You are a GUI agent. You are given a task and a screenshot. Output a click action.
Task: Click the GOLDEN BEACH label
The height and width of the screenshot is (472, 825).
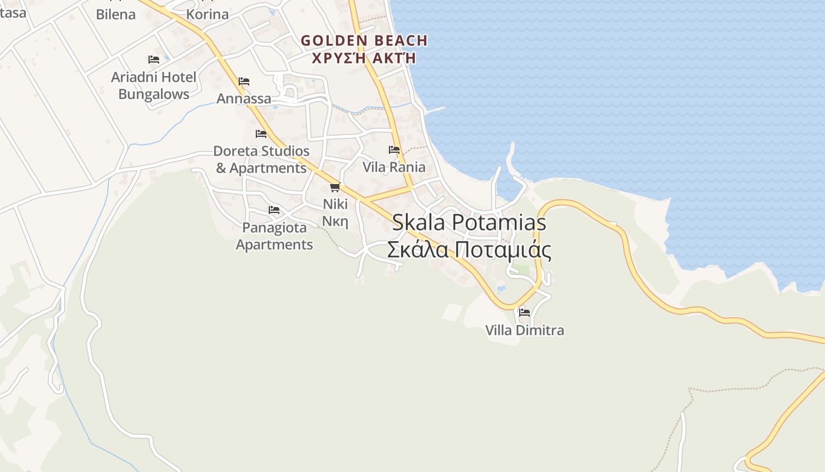click(x=364, y=41)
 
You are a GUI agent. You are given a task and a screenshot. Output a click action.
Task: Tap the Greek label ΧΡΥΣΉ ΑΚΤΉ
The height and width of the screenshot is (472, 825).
click(x=364, y=58)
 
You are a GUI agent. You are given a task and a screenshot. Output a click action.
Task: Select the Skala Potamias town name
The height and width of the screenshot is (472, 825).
click(x=469, y=222)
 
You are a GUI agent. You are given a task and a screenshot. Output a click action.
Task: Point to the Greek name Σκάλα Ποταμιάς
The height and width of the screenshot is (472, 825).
click(x=469, y=250)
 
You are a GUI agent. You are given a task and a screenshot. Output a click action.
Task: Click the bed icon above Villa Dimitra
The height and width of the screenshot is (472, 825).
click(x=524, y=312)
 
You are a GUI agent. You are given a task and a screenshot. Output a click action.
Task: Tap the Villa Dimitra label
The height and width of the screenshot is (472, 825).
click(x=524, y=330)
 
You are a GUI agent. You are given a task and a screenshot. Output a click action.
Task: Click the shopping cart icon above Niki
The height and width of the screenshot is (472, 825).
click(x=335, y=187)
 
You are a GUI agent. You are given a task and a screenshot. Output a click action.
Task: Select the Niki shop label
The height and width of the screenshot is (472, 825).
click(x=335, y=204)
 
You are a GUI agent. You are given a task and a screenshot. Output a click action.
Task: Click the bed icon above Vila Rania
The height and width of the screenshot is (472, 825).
click(x=394, y=150)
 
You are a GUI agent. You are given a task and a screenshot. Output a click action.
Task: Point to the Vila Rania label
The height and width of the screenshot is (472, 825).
click(x=394, y=167)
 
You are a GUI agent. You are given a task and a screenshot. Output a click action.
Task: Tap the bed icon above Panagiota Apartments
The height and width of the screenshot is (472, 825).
click(x=274, y=209)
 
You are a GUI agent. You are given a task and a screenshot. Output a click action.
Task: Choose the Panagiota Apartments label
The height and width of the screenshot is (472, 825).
click(x=274, y=236)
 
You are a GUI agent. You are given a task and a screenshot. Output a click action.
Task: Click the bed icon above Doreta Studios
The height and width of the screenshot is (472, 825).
click(x=261, y=134)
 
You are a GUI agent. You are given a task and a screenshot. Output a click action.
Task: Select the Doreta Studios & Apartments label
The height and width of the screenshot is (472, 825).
click(x=261, y=159)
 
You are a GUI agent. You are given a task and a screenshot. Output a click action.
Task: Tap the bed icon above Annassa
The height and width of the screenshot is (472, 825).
click(x=244, y=81)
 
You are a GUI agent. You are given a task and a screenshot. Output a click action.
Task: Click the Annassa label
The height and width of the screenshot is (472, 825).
click(x=244, y=99)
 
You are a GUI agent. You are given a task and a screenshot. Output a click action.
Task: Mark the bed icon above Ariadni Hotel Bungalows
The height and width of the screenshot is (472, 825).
click(x=154, y=60)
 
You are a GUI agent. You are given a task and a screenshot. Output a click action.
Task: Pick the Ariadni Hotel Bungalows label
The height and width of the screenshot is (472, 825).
click(x=154, y=86)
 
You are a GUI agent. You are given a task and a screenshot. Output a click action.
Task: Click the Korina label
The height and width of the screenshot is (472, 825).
click(x=207, y=14)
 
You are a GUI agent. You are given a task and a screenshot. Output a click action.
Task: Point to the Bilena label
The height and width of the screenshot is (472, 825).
click(x=115, y=14)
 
